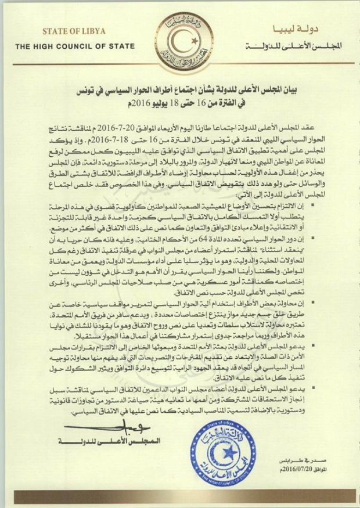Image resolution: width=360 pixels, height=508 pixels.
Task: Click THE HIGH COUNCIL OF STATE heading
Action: (66, 46)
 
